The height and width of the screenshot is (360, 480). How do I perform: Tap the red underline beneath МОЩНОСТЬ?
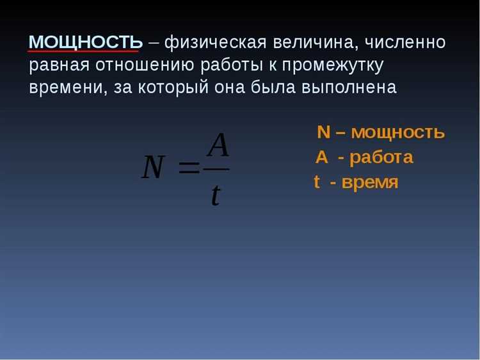pyautogui.click(x=84, y=51)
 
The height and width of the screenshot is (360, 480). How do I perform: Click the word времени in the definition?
pyautogui.click(x=60, y=87)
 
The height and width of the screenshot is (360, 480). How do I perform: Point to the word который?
pyautogui.click(x=170, y=87)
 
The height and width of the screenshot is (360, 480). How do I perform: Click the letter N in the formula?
pyautogui.click(x=154, y=168)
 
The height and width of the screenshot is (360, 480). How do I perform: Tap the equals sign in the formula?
pyautogui.click(x=188, y=168)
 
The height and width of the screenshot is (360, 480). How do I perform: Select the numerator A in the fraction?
pyautogui.click(x=218, y=146)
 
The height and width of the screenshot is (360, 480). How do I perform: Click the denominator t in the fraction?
pyautogui.click(x=216, y=194)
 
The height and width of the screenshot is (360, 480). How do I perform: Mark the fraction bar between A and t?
pyautogui.click(x=217, y=169)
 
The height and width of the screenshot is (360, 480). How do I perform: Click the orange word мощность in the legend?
pyautogui.click(x=398, y=133)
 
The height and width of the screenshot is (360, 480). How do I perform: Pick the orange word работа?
pyautogui.click(x=381, y=157)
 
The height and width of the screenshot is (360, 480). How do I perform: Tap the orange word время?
pyautogui.click(x=370, y=182)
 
